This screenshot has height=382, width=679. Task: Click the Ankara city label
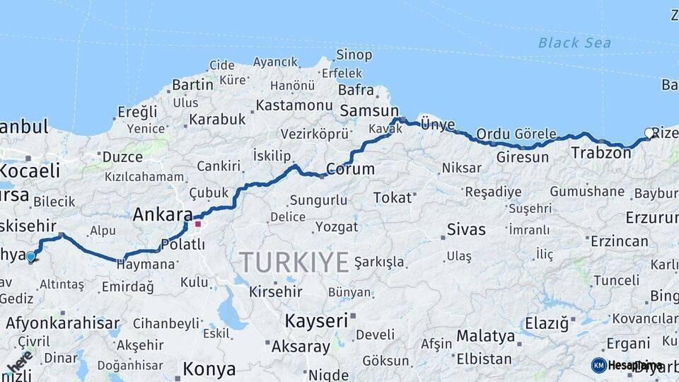[163, 214]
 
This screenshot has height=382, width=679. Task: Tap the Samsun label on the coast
[369, 111]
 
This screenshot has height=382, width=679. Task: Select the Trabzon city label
[600, 153]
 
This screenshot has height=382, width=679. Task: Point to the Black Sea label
[574, 43]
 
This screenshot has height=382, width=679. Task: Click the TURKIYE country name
[294, 262]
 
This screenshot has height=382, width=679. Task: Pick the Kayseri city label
[316, 320]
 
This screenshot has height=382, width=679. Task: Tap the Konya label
[209, 369]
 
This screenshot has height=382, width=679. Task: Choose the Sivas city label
[466, 229]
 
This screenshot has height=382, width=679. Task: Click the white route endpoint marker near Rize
[649, 132]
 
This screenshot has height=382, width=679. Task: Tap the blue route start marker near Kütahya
[30, 257]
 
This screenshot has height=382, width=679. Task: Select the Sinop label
[354, 55]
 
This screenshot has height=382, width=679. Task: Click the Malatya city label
[485, 335]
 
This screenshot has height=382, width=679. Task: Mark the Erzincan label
[619, 241]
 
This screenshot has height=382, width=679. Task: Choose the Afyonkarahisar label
[63, 324]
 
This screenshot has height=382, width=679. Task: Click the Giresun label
[522, 157]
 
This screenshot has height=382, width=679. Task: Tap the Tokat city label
[392, 197]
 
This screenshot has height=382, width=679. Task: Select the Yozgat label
[337, 227]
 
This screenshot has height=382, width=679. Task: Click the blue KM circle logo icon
[598, 365]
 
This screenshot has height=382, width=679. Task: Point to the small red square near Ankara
[199, 224]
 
